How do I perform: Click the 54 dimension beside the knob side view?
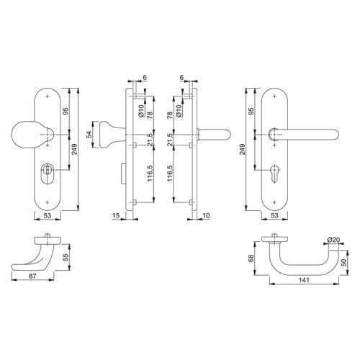(89, 135)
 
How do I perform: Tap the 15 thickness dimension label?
(116, 216)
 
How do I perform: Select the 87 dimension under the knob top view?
(32, 276)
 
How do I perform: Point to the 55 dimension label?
(66, 257)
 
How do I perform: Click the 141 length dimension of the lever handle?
(304, 280)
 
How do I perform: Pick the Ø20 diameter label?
(334, 240)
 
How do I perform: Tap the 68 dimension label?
(251, 258)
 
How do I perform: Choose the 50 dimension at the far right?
(343, 263)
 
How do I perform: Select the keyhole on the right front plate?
(274, 174)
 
